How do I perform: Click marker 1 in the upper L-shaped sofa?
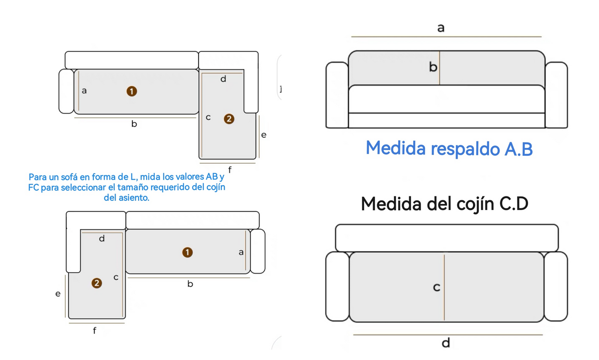pyautogui.click(x=132, y=91)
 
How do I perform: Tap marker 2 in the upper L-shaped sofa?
pyautogui.click(x=229, y=119)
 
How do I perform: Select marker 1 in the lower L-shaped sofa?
pyautogui.click(x=187, y=252)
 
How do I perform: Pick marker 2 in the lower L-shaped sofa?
pyautogui.click(x=97, y=283)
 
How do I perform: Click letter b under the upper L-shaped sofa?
pyautogui.click(x=134, y=124)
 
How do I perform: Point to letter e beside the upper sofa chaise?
pyautogui.click(x=264, y=135)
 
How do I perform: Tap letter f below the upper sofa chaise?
pyautogui.click(x=230, y=169)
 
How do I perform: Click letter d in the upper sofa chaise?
pyautogui.click(x=223, y=79)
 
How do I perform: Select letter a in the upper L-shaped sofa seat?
pyautogui.click(x=84, y=91)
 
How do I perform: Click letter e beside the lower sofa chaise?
pyautogui.click(x=58, y=294)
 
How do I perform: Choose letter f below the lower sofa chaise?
pyautogui.click(x=95, y=330)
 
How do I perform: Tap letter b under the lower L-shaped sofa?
pyautogui.click(x=190, y=284)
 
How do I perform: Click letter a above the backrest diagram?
pyautogui.click(x=441, y=28)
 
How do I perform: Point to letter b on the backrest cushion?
pyautogui.click(x=433, y=67)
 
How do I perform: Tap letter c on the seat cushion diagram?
pyautogui.click(x=436, y=287)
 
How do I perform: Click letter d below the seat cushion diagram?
pyautogui.click(x=446, y=343)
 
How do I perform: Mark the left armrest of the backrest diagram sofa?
pyautogui.click(x=337, y=95)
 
